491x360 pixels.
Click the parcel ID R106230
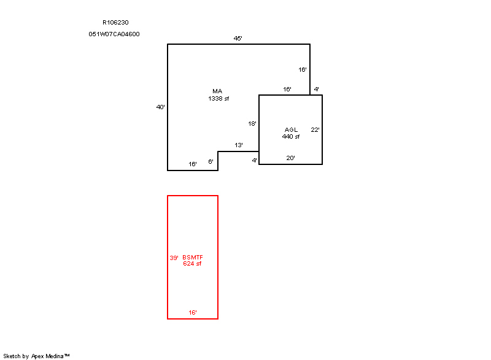coord(115,23)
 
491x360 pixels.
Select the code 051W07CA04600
coord(114,34)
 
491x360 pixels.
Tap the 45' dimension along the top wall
coord(238,38)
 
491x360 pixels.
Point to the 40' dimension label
coord(160,107)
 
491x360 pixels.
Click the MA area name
coord(217,91)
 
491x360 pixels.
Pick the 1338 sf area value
coord(218,99)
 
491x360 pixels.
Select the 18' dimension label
coord(252,123)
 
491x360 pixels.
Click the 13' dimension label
coord(239,145)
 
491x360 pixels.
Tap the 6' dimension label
coord(211,161)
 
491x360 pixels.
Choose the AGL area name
coord(291,129)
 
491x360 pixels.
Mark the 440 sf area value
coord(291,136)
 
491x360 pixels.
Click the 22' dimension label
coord(315,129)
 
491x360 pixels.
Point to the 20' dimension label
coord(290,158)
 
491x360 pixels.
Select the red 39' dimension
coord(174,258)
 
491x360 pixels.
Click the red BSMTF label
coord(193,257)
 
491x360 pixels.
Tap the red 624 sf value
coord(192,264)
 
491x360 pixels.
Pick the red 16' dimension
coord(193,312)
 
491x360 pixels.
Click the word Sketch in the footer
coord(12,356)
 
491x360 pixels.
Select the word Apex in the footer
coord(37,356)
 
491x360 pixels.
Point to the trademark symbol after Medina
coord(67,355)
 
